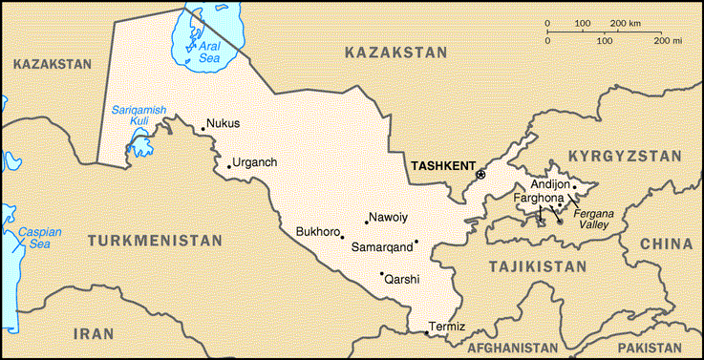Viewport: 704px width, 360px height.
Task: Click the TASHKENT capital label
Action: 441,165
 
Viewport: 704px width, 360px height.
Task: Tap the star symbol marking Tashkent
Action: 480,174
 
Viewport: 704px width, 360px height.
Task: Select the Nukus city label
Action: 223,123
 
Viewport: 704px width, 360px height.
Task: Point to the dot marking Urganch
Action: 229,166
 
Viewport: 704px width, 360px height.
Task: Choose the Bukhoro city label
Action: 318,231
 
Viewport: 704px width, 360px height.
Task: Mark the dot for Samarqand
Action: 416,241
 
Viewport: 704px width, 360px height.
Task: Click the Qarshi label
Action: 402,279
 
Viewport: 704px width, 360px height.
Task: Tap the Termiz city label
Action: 447,327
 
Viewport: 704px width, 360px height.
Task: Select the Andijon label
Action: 549,184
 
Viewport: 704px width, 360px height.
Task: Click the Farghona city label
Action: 539,198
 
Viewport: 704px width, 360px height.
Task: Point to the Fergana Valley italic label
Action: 592,221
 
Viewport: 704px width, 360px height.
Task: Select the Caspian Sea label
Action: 39,238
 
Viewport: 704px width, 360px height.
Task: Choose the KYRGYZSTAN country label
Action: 625,155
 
